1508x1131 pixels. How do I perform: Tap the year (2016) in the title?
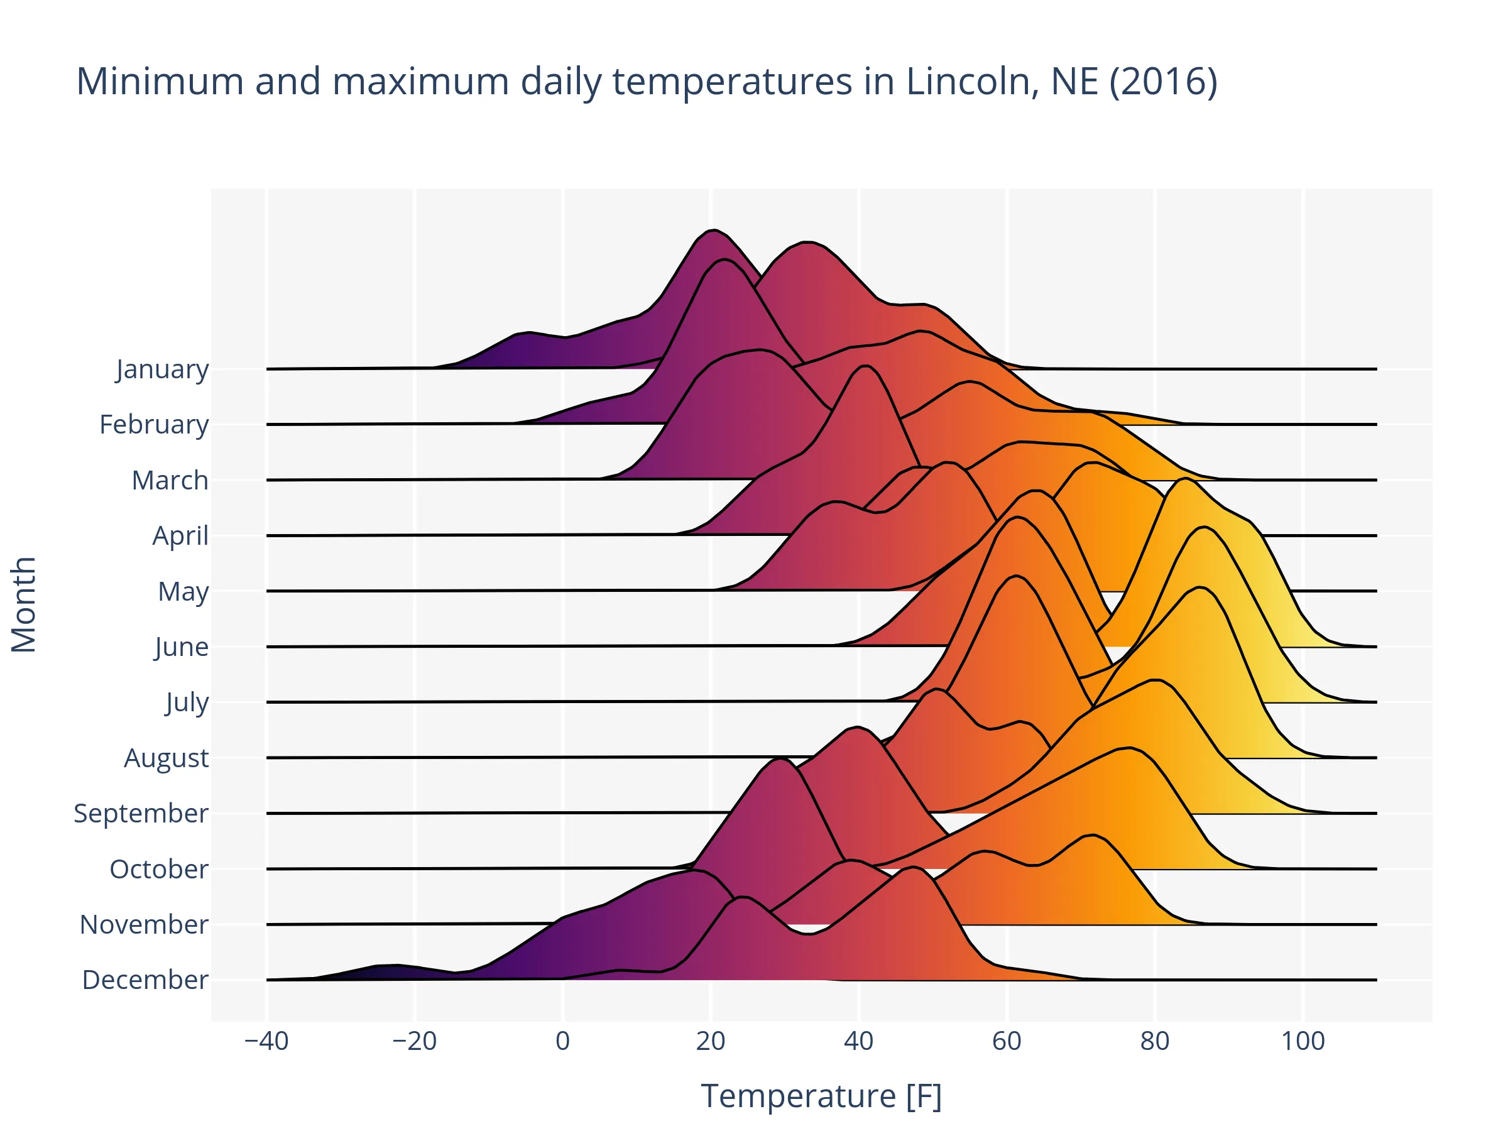click(1163, 81)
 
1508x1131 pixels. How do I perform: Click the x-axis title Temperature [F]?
click(821, 1096)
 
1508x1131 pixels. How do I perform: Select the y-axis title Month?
click(24, 604)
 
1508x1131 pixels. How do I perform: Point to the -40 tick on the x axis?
click(266, 1041)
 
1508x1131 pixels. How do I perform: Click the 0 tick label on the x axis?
click(562, 1041)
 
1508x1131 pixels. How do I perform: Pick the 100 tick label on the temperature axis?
click(1303, 1041)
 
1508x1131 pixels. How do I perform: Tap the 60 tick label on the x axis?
click(1006, 1041)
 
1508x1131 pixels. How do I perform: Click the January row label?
click(162, 369)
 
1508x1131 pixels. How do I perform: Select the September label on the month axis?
click(141, 812)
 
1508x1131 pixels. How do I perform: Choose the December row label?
click(145, 980)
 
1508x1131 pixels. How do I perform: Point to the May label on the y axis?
click(183, 591)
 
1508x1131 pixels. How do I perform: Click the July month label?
click(187, 702)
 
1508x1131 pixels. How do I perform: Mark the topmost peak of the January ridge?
click(713, 231)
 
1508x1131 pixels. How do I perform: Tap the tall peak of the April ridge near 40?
click(865, 367)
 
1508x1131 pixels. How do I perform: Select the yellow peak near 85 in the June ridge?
click(1186, 480)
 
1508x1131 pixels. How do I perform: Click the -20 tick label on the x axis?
click(415, 1041)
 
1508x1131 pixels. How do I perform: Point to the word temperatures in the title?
click(731, 81)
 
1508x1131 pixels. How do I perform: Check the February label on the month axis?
click(154, 424)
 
